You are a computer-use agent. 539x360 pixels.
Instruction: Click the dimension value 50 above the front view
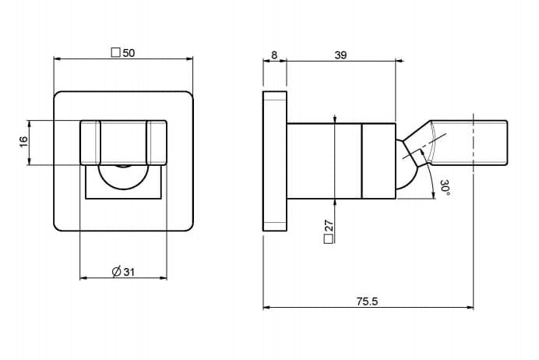pyautogui.click(x=129, y=53)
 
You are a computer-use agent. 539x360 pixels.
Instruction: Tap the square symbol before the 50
pyautogui.click(x=116, y=53)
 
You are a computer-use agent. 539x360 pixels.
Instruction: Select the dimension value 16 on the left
pyautogui.click(x=23, y=142)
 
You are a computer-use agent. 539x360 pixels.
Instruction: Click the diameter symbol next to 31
pyautogui.click(x=117, y=272)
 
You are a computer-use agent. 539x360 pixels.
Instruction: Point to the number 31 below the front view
pyautogui.click(x=129, y=272)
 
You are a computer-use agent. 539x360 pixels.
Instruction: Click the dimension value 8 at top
pyautogui.click(x=274, y=55)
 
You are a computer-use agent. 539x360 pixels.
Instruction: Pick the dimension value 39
pyautogui.click(x=340, y=55)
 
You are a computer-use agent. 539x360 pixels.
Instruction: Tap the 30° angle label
pyautogui.click(x=446, y=188)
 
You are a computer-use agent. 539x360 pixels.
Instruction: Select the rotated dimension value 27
pyautogui.click(x=329, y=226)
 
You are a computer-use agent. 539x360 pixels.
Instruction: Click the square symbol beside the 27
pyautogui.click(x=329, y=239)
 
